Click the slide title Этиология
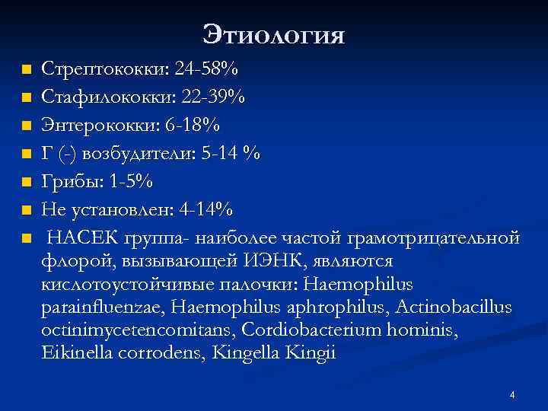(274, 34)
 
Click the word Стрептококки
(104, 70)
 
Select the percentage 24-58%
(206, 70)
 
